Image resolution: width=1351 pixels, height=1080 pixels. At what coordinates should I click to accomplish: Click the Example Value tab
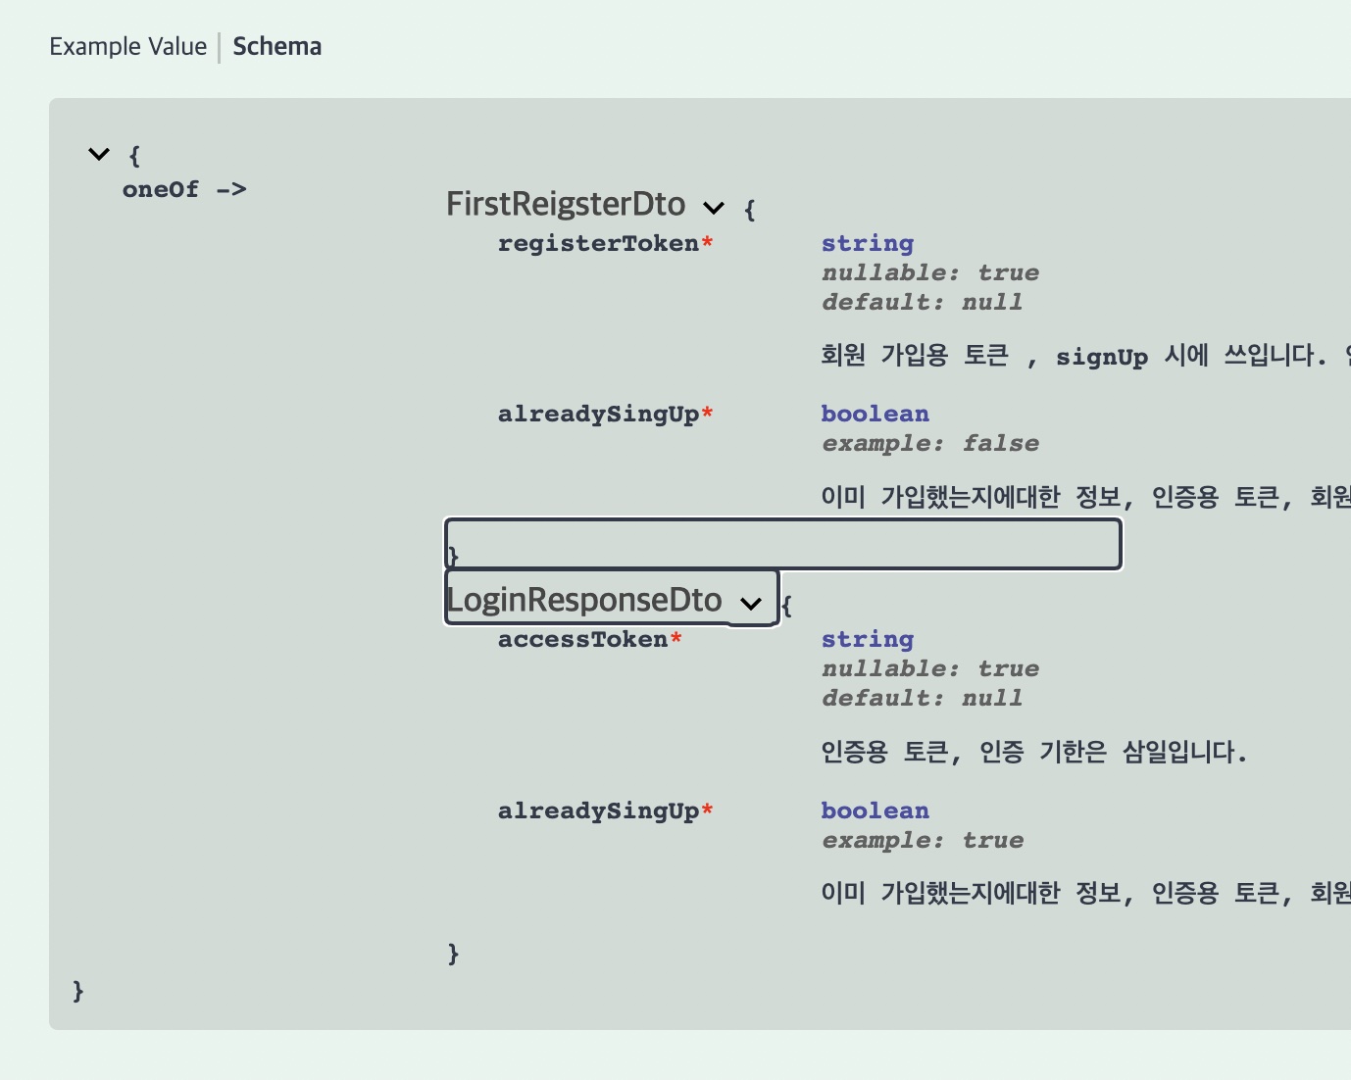(127, 47)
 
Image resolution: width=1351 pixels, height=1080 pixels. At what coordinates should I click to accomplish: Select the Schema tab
(276, 47)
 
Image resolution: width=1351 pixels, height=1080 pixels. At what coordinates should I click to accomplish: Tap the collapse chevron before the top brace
(99, 154)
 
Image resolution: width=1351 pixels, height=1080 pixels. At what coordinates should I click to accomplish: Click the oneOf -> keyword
(184, 189)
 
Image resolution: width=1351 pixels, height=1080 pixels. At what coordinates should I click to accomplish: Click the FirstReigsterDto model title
(566, 204)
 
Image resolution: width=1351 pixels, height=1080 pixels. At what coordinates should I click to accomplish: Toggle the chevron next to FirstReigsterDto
(714, 207)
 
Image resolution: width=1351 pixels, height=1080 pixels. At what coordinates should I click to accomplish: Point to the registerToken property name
(598, 243)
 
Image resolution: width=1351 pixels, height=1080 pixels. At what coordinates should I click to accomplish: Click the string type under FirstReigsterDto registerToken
(867, 243)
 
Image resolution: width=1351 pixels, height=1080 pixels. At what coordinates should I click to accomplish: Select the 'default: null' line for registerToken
(922, 302)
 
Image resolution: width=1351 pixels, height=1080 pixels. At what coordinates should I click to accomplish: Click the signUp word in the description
(1101, 357)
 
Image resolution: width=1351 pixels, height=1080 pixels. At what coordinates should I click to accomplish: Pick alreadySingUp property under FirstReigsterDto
(598, 414)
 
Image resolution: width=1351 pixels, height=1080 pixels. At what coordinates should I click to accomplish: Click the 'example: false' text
(929, 443)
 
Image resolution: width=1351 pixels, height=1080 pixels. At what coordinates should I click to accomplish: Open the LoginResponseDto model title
(584, 600)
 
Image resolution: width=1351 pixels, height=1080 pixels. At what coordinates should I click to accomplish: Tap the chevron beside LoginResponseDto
(751, 603)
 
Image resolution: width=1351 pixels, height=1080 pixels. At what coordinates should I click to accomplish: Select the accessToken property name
(582, 639)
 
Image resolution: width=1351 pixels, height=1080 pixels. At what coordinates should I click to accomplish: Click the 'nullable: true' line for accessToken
(929, 668)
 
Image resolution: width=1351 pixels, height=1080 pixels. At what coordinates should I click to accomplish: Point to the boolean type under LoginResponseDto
(875, 810)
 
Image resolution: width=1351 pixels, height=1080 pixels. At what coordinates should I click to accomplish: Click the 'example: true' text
(922, 840)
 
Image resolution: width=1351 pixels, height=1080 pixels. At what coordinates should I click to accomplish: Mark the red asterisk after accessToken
(675, 638)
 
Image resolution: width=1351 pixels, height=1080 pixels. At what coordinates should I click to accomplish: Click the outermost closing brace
(78, 991)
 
